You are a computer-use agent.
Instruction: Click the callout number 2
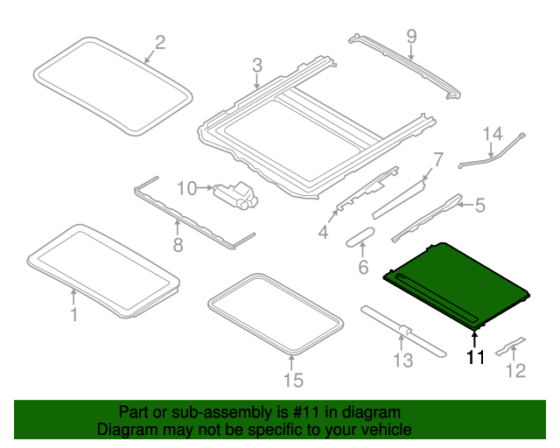159,41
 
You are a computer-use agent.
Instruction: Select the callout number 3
256,65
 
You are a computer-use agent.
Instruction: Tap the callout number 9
411,37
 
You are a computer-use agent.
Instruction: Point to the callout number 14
493,134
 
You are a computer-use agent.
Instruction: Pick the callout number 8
178,245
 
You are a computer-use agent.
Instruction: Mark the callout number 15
292,379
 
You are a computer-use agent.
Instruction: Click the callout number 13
402,359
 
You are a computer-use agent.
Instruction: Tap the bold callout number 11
475,356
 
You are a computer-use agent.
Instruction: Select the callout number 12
515,371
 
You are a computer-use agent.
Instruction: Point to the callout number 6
363,267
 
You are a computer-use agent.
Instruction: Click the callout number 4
323,232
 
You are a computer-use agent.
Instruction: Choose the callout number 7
437,159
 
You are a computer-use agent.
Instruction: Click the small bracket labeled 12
510,346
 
